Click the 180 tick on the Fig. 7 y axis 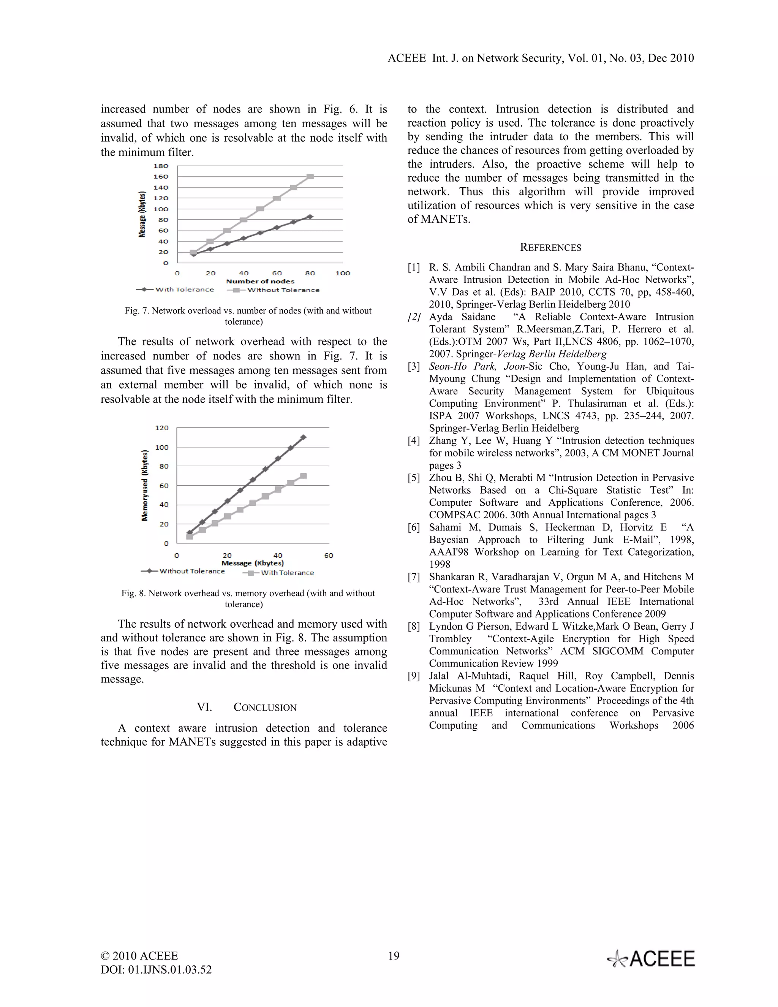(x=160, y=166)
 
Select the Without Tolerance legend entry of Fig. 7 (x=283, y=290)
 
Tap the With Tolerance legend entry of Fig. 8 (x=287, y=573)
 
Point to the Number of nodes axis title (x=260, y=281)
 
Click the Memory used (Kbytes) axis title (x=145, y=485)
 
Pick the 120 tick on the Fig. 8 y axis (x=161, y=428)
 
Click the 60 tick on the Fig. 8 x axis (x=328, y=556)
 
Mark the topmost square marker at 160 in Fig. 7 (x=310, y=177)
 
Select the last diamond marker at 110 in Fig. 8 (x=303, y=437)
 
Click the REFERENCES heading (x=550, y=248)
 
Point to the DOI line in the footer (x=156, y=970)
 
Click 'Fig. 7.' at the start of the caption (x=136, y=311)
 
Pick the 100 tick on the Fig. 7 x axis (x=342, y=273)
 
